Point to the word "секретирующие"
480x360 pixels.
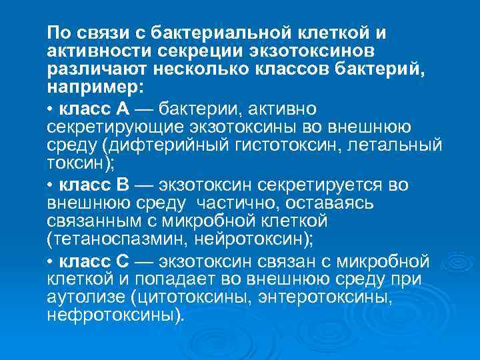[x=107, y=127]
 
